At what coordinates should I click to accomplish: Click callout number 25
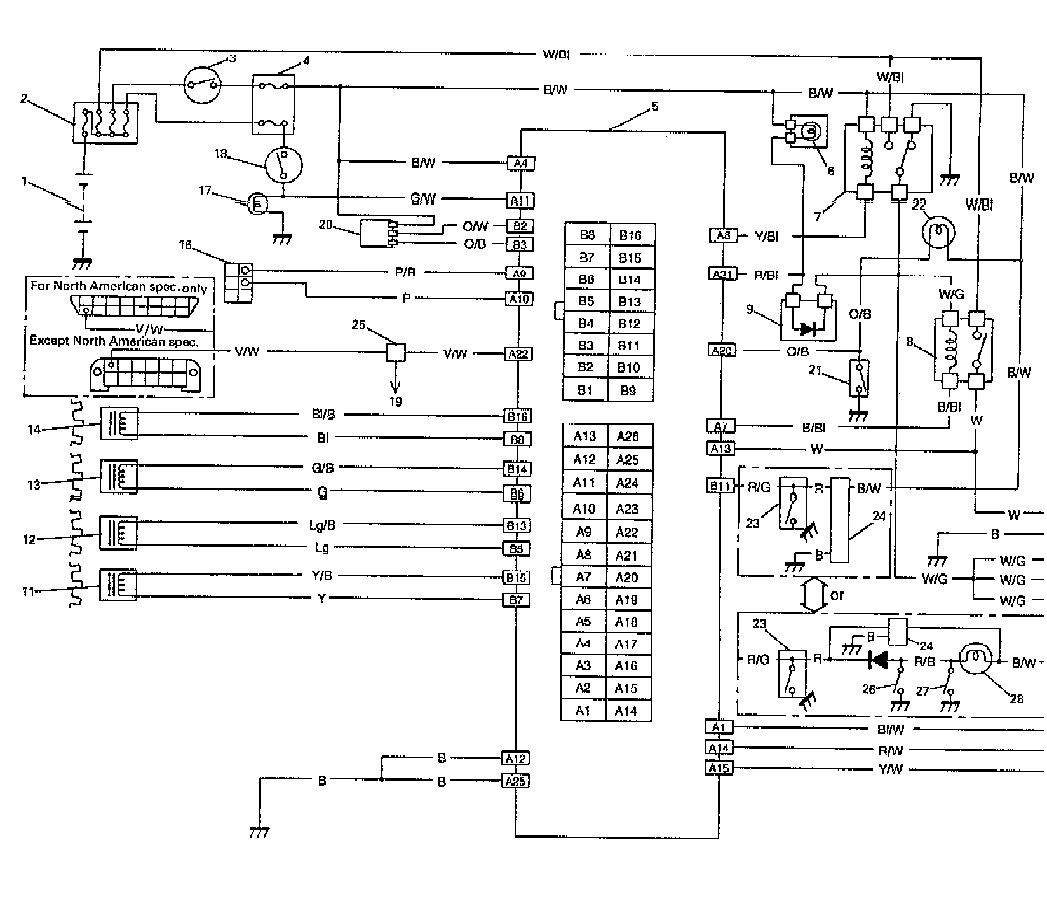coord(359,325)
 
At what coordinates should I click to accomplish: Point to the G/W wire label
coord(424,199)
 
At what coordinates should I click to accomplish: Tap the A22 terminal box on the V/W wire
coord(519,354)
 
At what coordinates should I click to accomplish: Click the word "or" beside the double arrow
coord(837,596)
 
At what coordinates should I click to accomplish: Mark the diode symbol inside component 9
coord(808,329)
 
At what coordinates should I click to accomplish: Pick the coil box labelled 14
coord(119,423)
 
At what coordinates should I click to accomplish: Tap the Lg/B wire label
coord(321,525)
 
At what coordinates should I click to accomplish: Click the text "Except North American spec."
coord(114,341)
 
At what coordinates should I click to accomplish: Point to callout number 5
coord(655,107)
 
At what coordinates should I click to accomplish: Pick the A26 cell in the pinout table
coord(627,437)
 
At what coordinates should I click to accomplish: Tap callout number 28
coord(1017,698)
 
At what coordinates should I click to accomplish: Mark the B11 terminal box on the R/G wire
coord(720,487)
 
